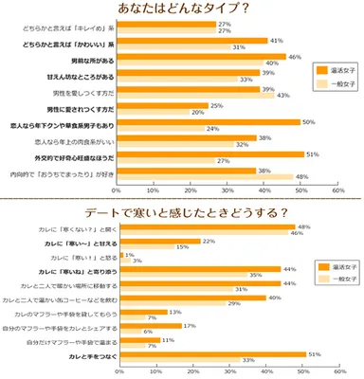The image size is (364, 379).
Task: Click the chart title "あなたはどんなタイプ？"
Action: pos(183,9)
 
